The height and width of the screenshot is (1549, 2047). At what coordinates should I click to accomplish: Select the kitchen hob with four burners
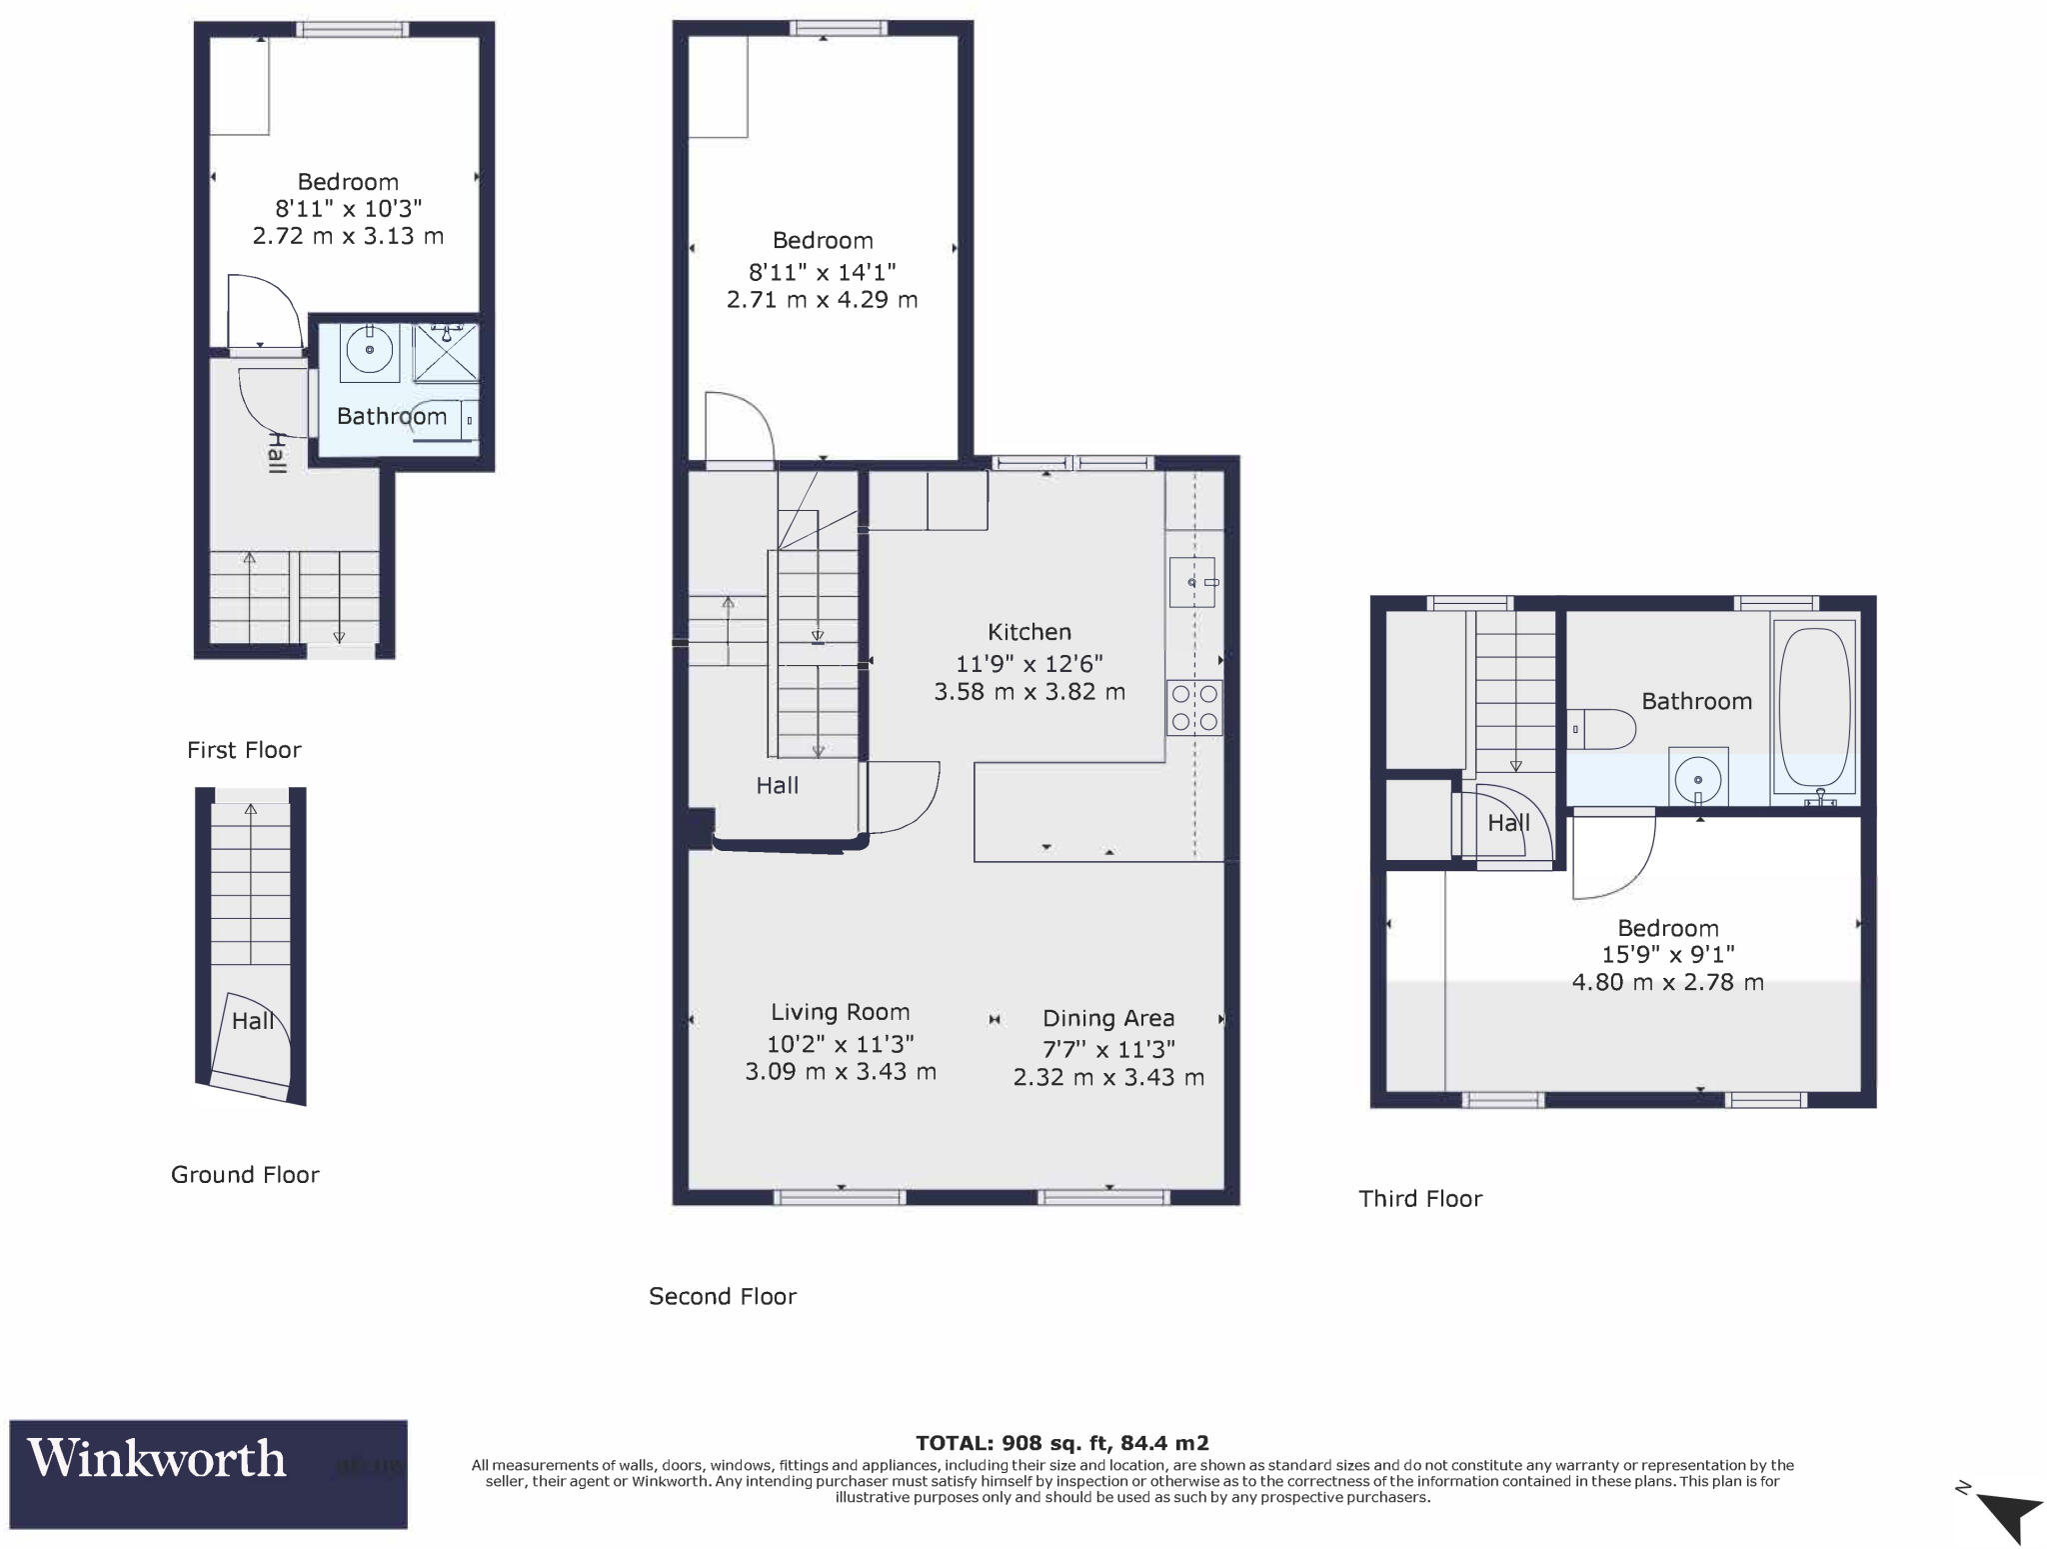pyautogui.click(x=1194, y=707)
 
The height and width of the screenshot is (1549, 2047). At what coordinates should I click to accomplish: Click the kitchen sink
pyautogui.click(x=1192, y=582)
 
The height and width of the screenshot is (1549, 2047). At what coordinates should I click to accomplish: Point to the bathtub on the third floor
pyautogui.click(x=1814, y=706)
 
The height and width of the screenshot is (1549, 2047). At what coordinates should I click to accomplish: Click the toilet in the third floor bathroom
pyautogui.click(x=1602, y=729)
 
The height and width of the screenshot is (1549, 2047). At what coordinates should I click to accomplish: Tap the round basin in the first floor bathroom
pyautogui.click(x=370, y=351)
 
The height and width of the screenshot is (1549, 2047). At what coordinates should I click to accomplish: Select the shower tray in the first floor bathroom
pyautogui.click(x=446, y=352)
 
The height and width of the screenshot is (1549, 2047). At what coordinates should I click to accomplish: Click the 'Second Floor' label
pyautogui.click(x=723, y=1297)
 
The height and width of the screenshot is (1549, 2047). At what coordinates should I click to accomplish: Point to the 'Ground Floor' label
pyautogui.click(x=245, y=1175)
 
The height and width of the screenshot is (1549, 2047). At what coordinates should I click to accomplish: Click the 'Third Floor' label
pyautogui.click(x=1420, y=1199)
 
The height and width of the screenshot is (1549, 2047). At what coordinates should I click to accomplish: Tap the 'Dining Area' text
pyautogui.click(x=1108, y=1018)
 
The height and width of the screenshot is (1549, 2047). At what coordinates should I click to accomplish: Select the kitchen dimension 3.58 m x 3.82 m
pyautogui.click(x=1029, y=692)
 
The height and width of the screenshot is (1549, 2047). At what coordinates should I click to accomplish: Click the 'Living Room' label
pyautogui.click(x=840, y=1012)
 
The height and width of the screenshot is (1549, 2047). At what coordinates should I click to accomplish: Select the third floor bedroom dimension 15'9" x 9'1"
pyautogui.click(x=1668, y=955)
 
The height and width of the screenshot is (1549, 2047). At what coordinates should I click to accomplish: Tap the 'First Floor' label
pyautogui.click(x=244, y=750)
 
